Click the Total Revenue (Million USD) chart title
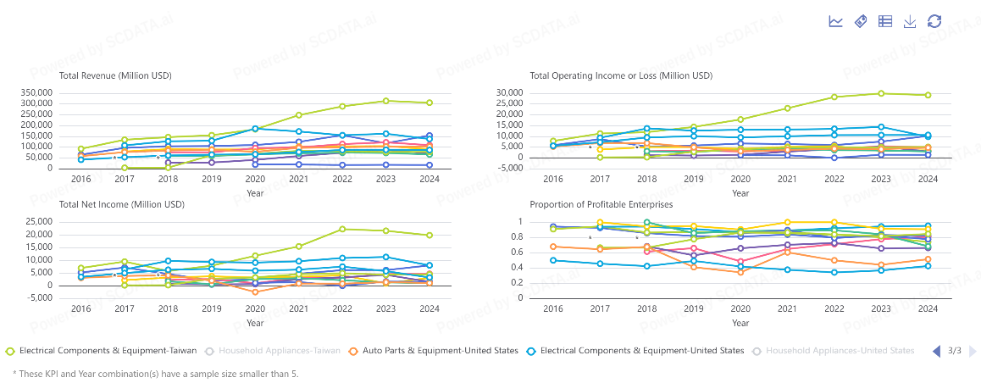click(x=115, y=75)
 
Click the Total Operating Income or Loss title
click(x=621, y=75)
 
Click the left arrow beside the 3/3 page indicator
click(x=937, y=351)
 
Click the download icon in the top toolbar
click(x=910, y=21)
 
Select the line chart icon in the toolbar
click(x=836, y=21)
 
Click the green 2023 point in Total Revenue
click(x=385, y=101)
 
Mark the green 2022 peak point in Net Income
click(x=342, y=229)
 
